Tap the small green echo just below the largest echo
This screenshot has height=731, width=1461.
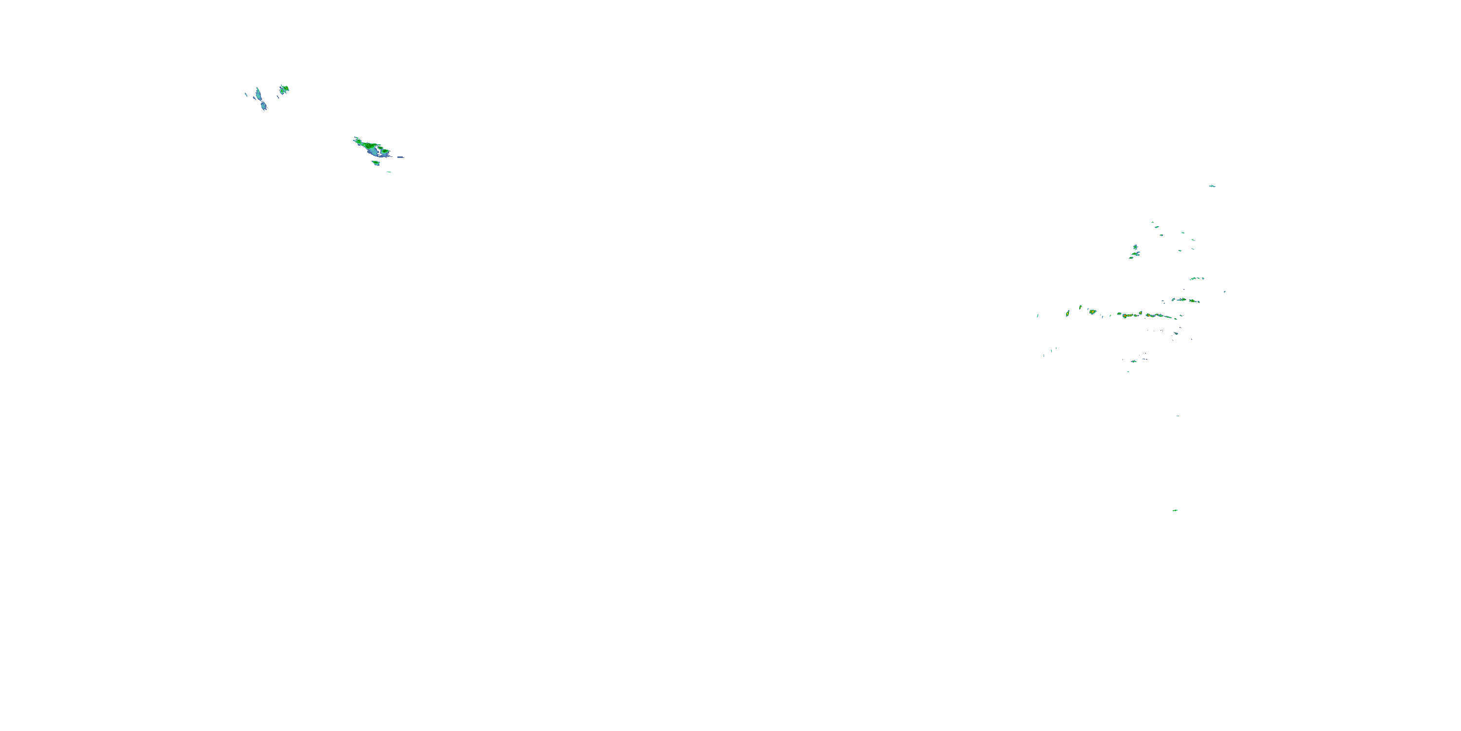[x=375, y=163]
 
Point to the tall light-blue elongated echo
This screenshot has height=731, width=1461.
[x=259, y=94]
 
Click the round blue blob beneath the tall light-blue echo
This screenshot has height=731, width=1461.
[x=264, y=106]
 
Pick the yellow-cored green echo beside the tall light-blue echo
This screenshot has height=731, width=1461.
[x=284, y=89]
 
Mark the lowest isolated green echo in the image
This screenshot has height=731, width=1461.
[x=1175, y=510]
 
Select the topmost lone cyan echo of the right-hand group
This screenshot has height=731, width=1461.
[x=1212, y=186]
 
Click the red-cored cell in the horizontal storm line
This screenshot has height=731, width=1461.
[x=1092, y=311]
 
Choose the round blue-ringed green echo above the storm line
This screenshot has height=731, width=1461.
[x=1135, y=248]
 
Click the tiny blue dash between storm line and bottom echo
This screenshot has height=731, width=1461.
[x=1178, y=416]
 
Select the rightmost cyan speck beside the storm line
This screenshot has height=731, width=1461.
[x=1224, y=292]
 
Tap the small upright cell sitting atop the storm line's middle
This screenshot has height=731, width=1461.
[x=1141, y=312]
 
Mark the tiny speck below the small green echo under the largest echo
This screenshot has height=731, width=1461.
[x=389, y=172]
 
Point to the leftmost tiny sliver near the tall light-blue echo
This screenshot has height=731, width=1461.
[x=245, y=94]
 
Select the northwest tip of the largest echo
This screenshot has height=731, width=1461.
[x=356, y=138]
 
